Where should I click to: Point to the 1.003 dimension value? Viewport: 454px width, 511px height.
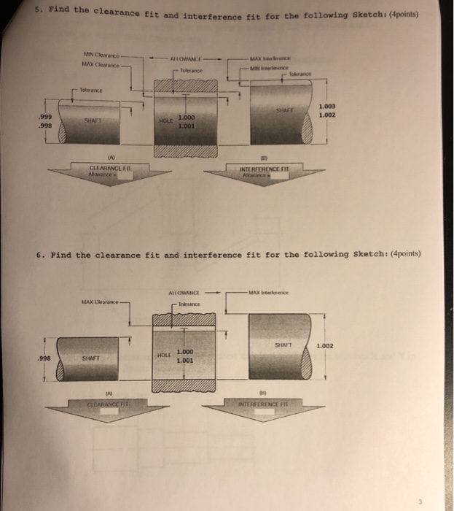326,107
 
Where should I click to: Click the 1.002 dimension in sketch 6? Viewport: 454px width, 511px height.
326,345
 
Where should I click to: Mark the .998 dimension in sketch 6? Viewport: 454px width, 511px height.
45,358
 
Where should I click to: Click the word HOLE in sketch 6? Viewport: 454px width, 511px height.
164,355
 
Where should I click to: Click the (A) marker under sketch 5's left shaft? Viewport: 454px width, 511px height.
111,155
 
